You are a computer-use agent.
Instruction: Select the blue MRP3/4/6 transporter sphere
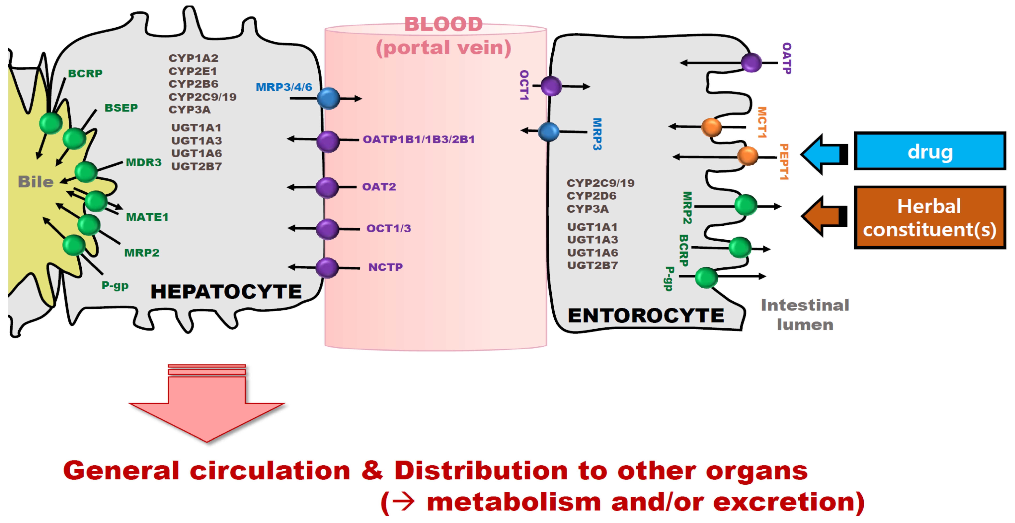[328, 98]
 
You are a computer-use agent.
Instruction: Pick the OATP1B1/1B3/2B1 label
[419, 139]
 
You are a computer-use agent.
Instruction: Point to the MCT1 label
[762, 122]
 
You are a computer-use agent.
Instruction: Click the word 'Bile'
[36, 182]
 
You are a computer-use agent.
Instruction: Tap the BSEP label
[121, 107]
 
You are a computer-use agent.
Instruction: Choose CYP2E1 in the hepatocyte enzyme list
[193, 71]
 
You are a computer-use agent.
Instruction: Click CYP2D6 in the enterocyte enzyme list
[591, 196]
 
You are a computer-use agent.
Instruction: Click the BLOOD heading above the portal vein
[443, 24]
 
